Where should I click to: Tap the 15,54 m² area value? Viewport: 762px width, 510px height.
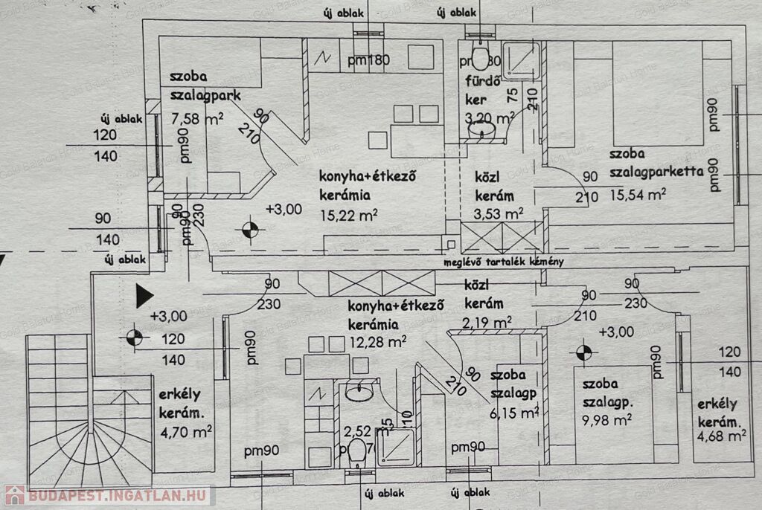[638, 195]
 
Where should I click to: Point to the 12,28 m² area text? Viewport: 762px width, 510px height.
[377, 342]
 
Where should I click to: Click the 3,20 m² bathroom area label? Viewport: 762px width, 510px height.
[489, 117]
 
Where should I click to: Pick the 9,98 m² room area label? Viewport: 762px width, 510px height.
[607, 420]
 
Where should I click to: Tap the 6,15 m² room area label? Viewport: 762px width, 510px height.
[514, 411]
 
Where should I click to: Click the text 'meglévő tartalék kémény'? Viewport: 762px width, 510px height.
[505, 262]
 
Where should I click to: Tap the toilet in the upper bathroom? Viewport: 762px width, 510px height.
[481, 56]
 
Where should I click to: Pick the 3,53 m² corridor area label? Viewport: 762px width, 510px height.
[499, 214]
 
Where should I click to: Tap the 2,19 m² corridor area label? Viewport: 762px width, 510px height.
[487, 322]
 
